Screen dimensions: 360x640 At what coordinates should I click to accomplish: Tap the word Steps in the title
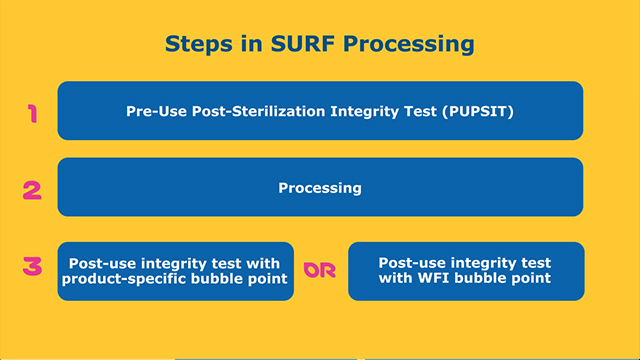coord(198,44)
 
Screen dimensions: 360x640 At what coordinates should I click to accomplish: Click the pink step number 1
coord(32,113)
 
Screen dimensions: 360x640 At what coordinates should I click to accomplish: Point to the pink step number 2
coord(32,187)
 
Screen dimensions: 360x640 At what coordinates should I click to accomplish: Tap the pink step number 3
coord(32,267)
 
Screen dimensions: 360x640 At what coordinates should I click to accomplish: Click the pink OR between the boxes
coord(320,271)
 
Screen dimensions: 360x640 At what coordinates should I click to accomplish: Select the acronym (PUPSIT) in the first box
coord(476,111)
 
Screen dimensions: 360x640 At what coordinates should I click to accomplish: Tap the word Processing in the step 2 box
coord(320,187)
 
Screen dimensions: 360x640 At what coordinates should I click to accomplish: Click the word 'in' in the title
coord(248,44)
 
